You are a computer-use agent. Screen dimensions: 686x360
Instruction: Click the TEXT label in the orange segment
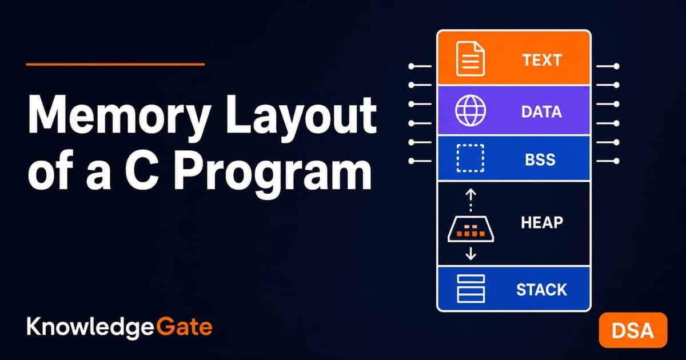pyautogui.click(x=542, y=60)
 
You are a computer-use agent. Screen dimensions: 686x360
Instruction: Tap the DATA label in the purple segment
pyautogui.click(x=541, y=112)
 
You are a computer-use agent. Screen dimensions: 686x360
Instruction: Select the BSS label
pyautogui.click(x=540, y=159)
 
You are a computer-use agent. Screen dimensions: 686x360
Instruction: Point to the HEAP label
pyautogui.click(x=542, y=222)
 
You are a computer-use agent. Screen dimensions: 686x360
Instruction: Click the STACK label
pyautogui.click(x=541, y=290)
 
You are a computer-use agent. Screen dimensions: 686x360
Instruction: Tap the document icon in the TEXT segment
pyautogui.click(x=470, y=58)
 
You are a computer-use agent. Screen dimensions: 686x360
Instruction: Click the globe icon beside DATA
pyautogui.click(x=470, y=110)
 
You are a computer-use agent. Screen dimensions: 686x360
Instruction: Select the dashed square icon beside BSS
pyautogui.click(x=470, y=158)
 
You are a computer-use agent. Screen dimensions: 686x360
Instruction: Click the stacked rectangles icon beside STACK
pyautogui.click(x=470, y=289)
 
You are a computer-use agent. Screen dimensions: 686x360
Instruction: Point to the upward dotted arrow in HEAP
pyautogui.click(x=470, y=200)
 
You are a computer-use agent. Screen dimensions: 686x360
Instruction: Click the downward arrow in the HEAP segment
pyautogui.click(x=470, y=254)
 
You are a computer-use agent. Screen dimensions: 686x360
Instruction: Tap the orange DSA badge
pyautogui.click(x=633, y=330)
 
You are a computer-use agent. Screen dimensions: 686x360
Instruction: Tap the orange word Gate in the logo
pyautogui.click(x=184, y=327)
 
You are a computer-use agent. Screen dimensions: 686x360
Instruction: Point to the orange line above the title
pyautogui.click(x=115, y=64)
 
